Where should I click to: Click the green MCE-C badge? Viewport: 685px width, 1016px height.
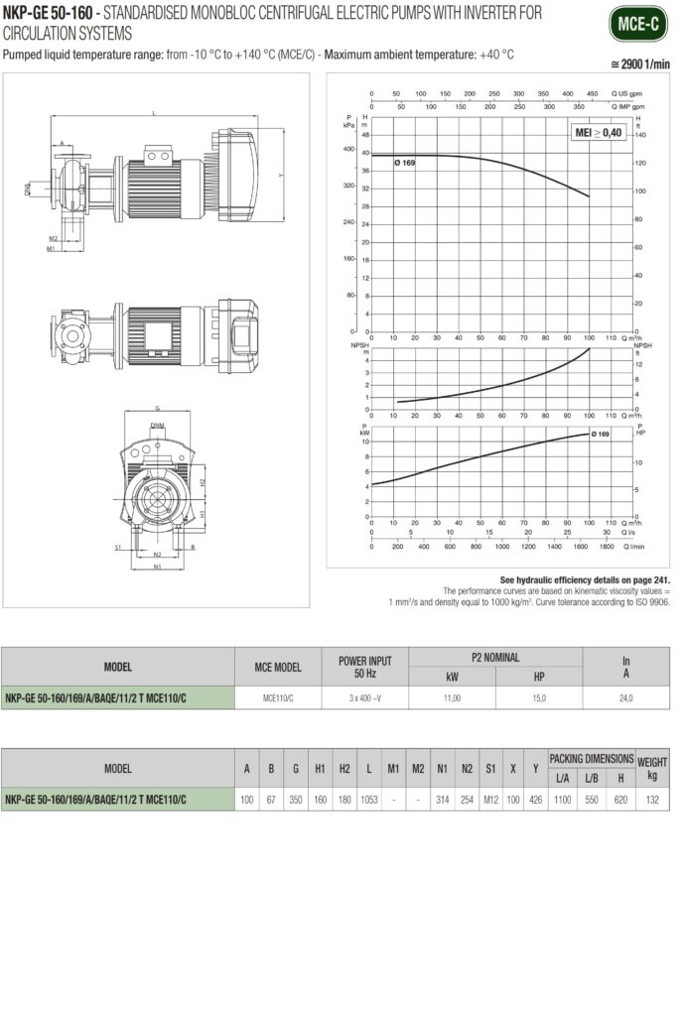pyautogui.click(x=638, y=23)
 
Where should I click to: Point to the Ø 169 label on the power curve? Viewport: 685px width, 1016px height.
pyautogui.click(x=601, y=435)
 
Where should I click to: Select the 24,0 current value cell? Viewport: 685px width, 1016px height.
pyautogui.click(x=626, y=698)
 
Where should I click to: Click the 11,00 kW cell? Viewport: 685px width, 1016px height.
pyautogui.click(x=452, y=698)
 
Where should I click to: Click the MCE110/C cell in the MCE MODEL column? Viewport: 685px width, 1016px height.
pyautogui.click(x=278, y=698)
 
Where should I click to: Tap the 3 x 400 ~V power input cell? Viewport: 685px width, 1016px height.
pyautogui.click(x=365, y=698)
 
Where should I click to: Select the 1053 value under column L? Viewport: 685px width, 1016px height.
pyautogui.click(x=368, y=799)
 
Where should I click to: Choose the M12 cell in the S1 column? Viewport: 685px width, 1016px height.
pyautogui.click(x=491, y=799)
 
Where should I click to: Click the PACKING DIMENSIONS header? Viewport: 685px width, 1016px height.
pyautogui.click(x=591, y=757)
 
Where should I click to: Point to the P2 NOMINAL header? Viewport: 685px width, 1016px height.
pyautogui.click(x=494, y=657)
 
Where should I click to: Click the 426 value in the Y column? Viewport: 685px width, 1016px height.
pyautogui.click(x=536, y=799)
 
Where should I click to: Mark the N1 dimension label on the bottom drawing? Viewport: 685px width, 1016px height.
pyautogui.click(x=157, y=567)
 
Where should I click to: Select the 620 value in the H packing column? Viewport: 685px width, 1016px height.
pyautogui.click(x=620, y=799)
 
